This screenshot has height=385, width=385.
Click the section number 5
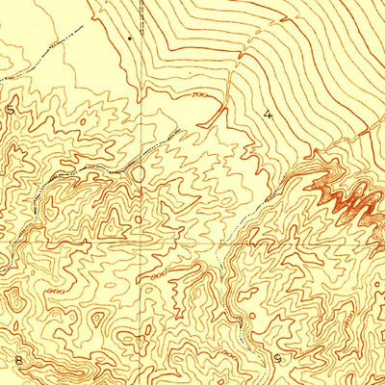point(11,110)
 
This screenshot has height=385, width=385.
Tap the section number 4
point(268,113)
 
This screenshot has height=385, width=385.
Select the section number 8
point(17,359)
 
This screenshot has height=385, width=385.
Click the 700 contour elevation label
point(200,97)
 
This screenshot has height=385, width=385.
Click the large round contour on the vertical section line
point(138,174)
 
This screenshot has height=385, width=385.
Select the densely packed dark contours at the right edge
point(346,197)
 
